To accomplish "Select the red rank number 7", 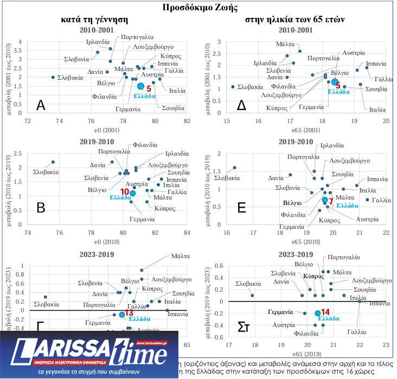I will pos(331,201).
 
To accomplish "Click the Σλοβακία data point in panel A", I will pos(53,77).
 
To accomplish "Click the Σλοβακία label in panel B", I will pos(45,172).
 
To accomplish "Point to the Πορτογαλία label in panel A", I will pos(136,37).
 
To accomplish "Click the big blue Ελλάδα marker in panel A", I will pos(140,86).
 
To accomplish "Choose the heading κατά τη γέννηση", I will pos(94,20).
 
